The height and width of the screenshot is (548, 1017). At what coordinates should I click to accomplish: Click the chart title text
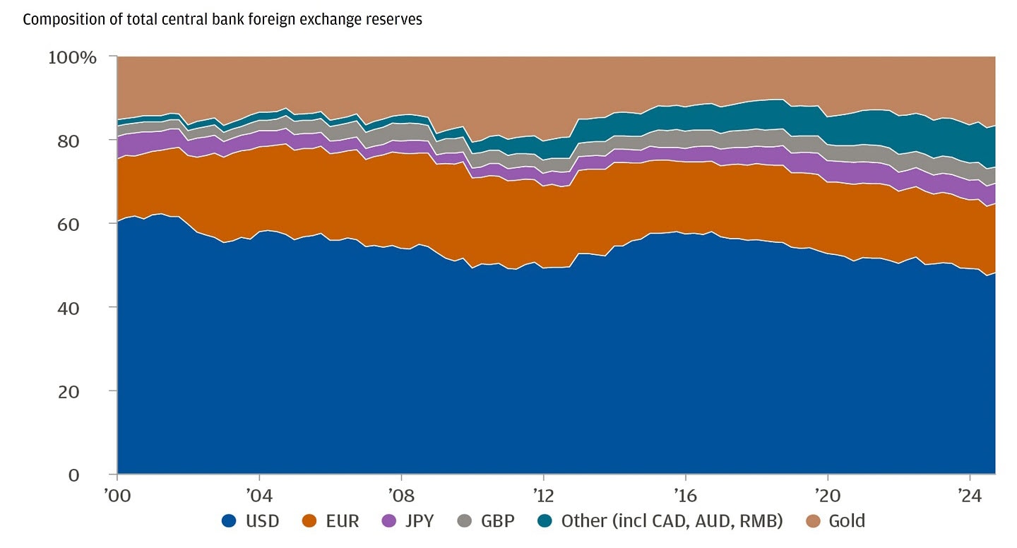pyautogui.click(x=222, y=20)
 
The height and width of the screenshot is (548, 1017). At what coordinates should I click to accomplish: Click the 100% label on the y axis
pyautogui.click(x=72, y=57)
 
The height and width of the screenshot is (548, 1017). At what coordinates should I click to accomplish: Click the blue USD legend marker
pyautogui.click(x=229, y=522)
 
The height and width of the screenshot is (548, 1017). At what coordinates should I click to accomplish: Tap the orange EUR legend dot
pyautogui.click(x=308, y=522)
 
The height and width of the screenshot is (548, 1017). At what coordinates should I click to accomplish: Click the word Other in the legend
pyautogui.click(x=583, y=522)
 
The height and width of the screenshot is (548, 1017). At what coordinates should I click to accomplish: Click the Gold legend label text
pyautogui.click(x=847, y=522)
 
